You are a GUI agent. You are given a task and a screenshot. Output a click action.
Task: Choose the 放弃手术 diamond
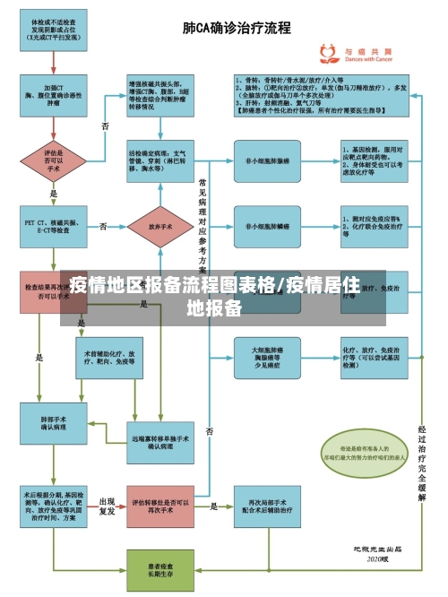[x=161, y=227]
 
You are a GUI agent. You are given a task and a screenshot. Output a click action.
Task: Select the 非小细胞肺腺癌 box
[x=268, y=160]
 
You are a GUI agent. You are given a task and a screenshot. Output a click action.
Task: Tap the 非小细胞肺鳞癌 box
[x=268, y=227]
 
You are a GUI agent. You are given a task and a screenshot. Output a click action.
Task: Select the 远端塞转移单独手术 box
[x=161, y=441]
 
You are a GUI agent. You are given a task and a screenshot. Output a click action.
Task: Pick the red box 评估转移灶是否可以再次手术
[x=161, y=506]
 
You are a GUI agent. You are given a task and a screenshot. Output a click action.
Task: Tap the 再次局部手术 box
[x=268, y=506]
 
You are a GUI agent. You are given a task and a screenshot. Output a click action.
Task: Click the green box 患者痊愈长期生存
[x=161, y=570]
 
